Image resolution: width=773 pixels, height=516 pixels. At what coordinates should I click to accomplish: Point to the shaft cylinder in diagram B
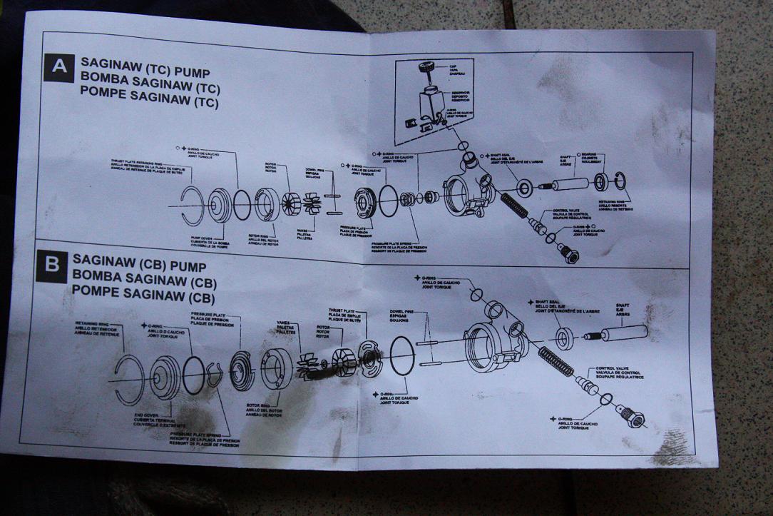click(623, 333)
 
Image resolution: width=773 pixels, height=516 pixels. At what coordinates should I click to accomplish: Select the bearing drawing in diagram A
click(602, 183)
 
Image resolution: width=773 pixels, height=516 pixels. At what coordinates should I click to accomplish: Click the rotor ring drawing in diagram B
click(276, 369)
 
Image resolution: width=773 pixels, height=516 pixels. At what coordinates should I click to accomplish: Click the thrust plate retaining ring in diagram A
click(191, 206)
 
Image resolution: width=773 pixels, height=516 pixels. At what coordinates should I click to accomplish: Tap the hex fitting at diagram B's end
click(631, 419)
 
